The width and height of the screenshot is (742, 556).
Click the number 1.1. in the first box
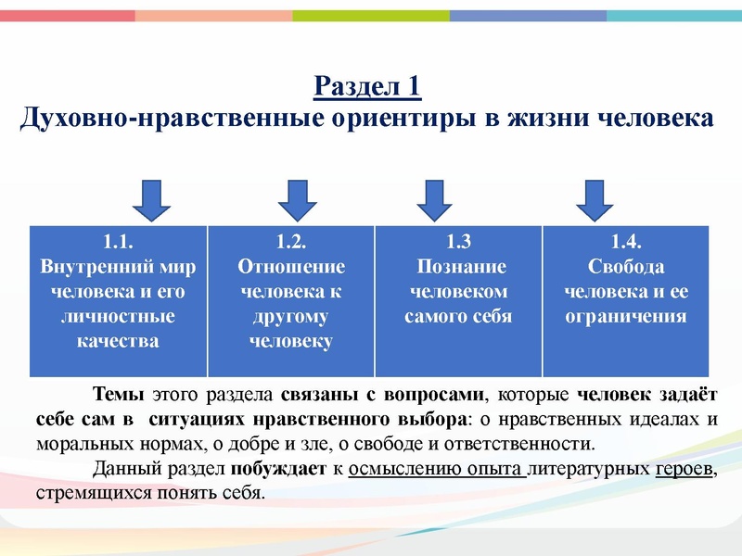pos(119,243)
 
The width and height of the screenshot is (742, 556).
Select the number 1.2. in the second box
pos(291,243)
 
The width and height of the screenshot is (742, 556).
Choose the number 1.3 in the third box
pos(458,243)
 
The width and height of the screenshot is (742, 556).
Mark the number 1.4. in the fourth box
pos(626,243)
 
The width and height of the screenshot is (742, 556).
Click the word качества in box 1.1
pos(119,341)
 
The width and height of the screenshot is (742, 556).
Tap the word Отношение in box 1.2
pos(291,267)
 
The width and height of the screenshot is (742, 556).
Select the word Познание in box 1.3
pos(458,267)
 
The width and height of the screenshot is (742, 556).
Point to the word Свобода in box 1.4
pos(626,267)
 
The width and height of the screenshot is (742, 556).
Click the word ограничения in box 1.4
pos(626,316)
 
